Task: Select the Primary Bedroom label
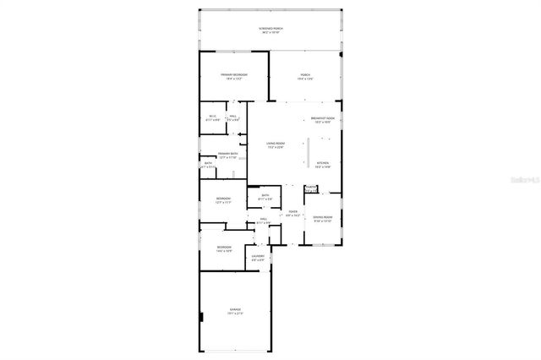(x=234, y=77)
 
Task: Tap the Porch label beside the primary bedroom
(x=305, y=77)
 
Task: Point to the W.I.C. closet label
(x=213, y=117)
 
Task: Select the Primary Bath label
(x=227, y=155)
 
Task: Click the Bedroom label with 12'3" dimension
(x=222, y=199)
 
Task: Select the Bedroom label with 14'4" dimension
(x=223, y=248)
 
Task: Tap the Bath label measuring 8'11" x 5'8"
(x=265, y=197)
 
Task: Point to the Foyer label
(x=292, y=213)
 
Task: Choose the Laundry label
(x=259, y=257)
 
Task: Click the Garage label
(x=235, y=311)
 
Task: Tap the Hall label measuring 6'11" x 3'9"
(x=264, y=221)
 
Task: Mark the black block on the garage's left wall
(x=201, y=318)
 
